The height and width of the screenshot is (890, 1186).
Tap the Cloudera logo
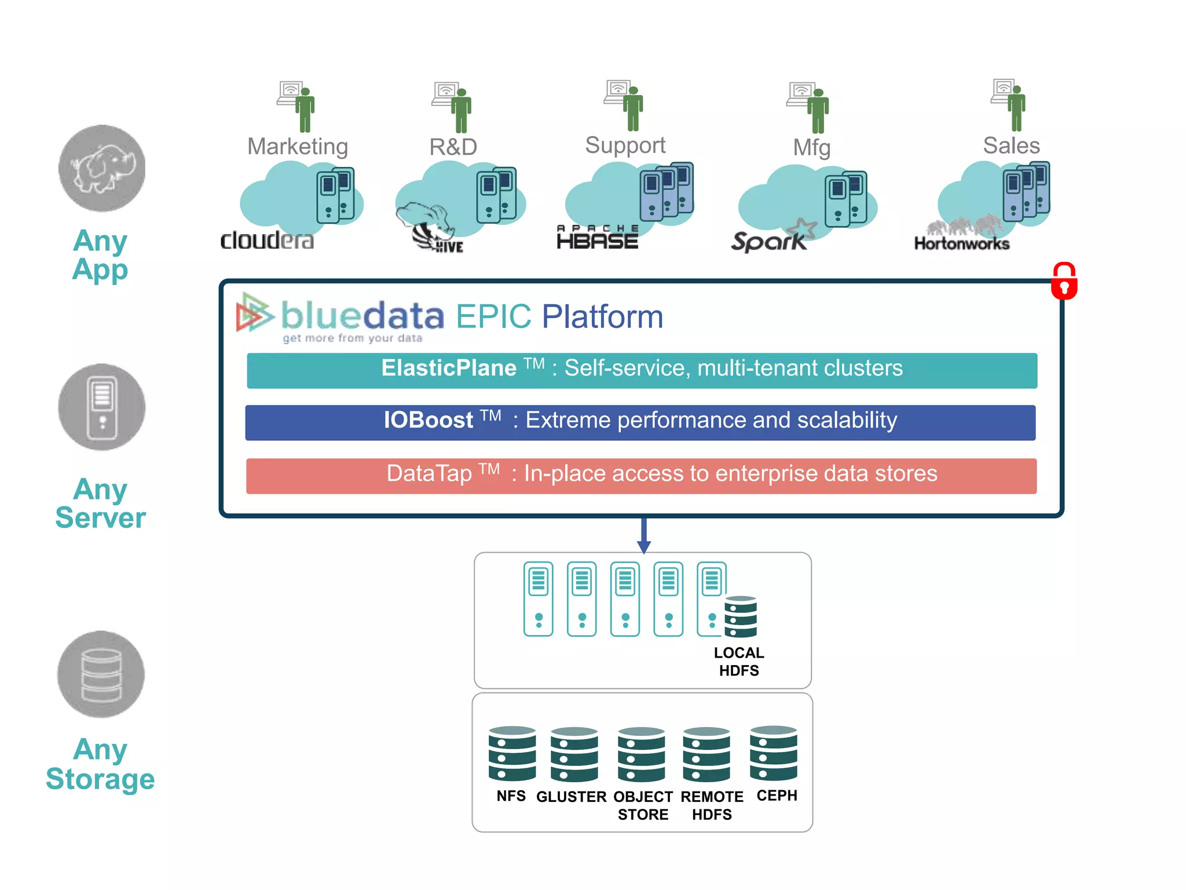(x=267, y=240)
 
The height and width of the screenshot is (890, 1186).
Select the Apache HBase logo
(x=597, y=238)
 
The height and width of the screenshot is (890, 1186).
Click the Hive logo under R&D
(x=431, y=229)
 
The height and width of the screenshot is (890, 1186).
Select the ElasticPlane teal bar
(x=642, y=370)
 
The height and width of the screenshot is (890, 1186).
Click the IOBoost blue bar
(x=640, y=422)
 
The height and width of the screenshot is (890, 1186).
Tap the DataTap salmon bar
(x=641, y=476)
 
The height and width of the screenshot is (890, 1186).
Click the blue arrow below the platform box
(x=643, y=536)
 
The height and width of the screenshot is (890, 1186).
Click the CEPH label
(x=777, y=796)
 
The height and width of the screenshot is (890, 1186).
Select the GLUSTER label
(x=571, y=797)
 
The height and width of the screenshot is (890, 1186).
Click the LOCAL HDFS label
(x=739, y=662)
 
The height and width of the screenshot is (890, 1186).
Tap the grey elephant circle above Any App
(x=102, y=168)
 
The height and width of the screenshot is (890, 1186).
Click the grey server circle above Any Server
(x=102, y=407)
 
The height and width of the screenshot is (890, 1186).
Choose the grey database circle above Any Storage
(x=101, y=674)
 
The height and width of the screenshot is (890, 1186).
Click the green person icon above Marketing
(x=305, y=109)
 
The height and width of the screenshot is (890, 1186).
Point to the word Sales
(x=1011, y=145)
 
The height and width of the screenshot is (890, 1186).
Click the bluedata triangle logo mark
(x=254, y=313)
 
